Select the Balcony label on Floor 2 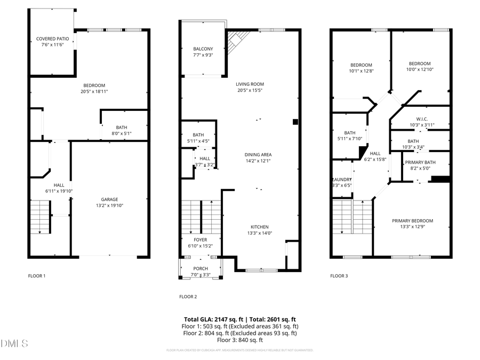pyautogui.click(x=203, y=49)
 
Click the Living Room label pyautogui.click(x=250, y=84)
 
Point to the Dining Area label pyautogui.click(x=258, y=155)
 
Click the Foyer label pyautogui.click(x=201, y=240)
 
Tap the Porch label pyautogui.click(x=201, y=269)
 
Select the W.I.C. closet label pyautogui.click(x=422, y=119)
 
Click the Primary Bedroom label pyautogui.click(x=412, y=221)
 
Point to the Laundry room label pyautogui.click(x=342, y=180)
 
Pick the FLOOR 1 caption pyautogui.click(x=37, y=276)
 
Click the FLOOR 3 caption pyautogui.click(x=339, y=276)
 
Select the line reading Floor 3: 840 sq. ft pyautogui.click(x=240, y=340)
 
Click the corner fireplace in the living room pyautogui.click(x=238, y=39)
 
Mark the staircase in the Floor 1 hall pyautogui.click(x=40, y=216)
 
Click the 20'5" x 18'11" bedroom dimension pyautogui.click(x=94, y=92)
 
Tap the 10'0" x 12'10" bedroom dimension pyautogui.click(x=420, y=69)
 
